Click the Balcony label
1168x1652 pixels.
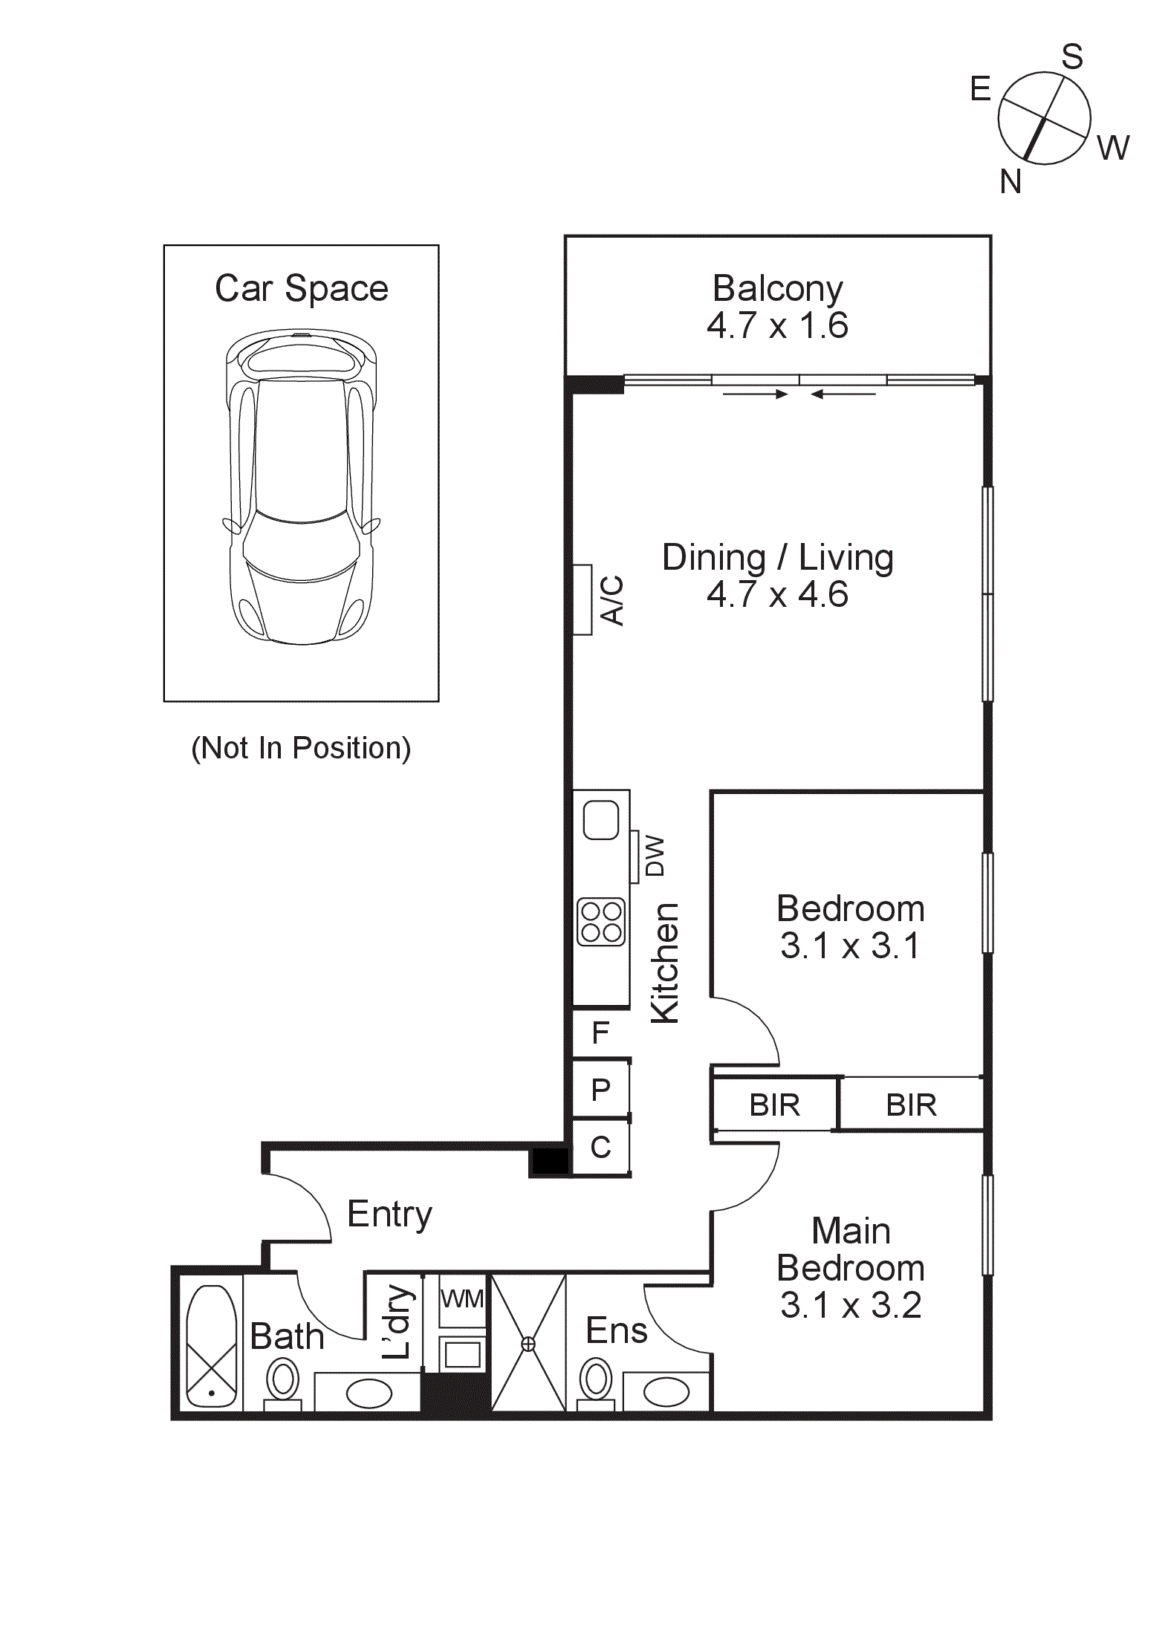coord(777,289)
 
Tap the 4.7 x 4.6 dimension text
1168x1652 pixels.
coord(777,595)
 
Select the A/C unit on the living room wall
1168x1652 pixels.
coord(583,600)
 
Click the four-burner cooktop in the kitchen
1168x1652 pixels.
coord(601,922)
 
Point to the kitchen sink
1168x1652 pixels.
coord(601,820)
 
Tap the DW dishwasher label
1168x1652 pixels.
coord(655,856)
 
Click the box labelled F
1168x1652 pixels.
coord(600,1032)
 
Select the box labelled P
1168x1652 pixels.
coord(600,1090)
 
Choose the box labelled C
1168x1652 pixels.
coord(600,1148)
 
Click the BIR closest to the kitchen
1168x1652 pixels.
coord(774,1105)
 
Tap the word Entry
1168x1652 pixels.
coord(389,1214)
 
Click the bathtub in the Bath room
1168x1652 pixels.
coord(212,1346)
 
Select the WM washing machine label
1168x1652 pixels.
coord(462,1299)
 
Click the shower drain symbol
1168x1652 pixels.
coord(528,1343)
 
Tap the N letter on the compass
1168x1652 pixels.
coord(1010,181)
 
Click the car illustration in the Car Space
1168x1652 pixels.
coord(302,487)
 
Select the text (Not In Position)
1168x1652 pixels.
coord(301,748)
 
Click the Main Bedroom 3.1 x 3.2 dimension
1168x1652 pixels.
coord(851,1305)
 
